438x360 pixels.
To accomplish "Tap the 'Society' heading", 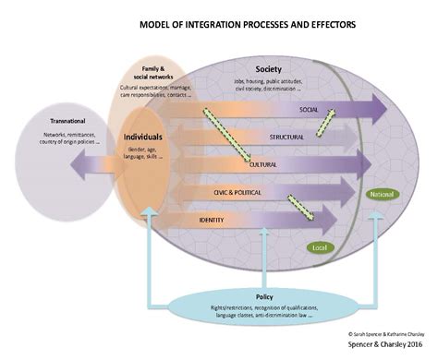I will (268, 68).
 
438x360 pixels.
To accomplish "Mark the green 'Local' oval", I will (318, 248).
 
